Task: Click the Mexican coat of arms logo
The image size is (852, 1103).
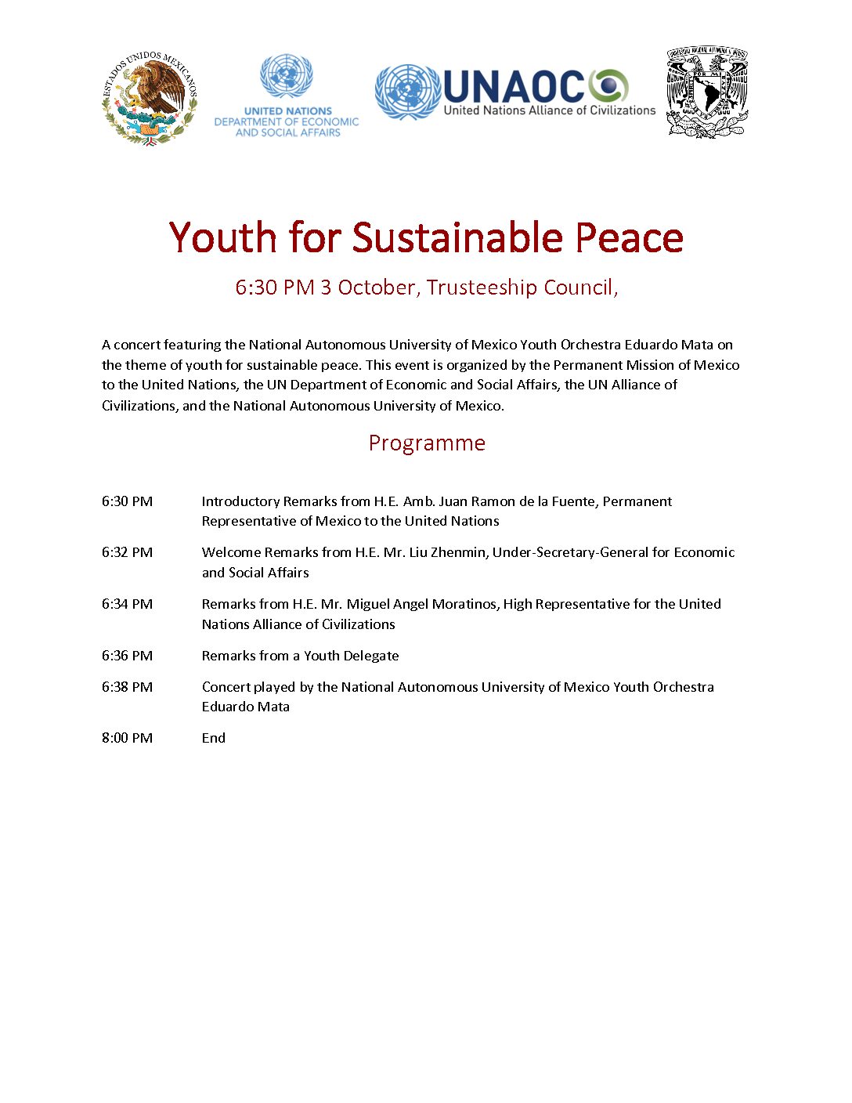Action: click(150, 98)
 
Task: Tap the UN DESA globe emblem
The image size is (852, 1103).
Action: click(287, 75)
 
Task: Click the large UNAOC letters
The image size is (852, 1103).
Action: click(514, 85)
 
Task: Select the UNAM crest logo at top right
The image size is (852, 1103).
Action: click(707, 92)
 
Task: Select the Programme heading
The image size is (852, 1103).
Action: click(427, 443)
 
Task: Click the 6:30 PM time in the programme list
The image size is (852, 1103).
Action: click(127, 501)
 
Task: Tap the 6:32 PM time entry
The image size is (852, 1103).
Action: click(127, 552)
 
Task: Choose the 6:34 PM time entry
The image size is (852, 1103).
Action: click(127, 604)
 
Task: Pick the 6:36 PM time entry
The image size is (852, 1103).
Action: click(127, 656)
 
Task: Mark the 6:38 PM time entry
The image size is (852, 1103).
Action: click(127, 687)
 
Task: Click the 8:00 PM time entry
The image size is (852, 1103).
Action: click(127, 738)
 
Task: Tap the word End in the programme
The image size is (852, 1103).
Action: click(214, 738)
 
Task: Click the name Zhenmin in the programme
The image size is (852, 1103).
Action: click(459, 552)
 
